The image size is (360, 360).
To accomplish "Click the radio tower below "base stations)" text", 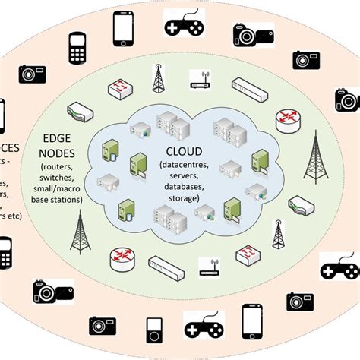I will point(77,232).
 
